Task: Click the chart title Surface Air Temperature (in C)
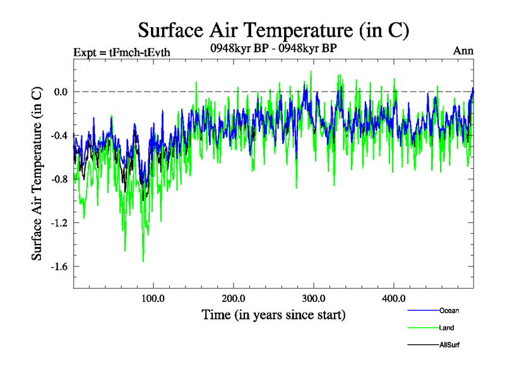[273, 30]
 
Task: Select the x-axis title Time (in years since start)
[273, 314]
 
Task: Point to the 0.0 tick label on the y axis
[60, 92]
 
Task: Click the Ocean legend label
[449, 310]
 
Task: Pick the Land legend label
[446, 328]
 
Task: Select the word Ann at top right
[463, 51]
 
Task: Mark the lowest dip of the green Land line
[143, 261]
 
